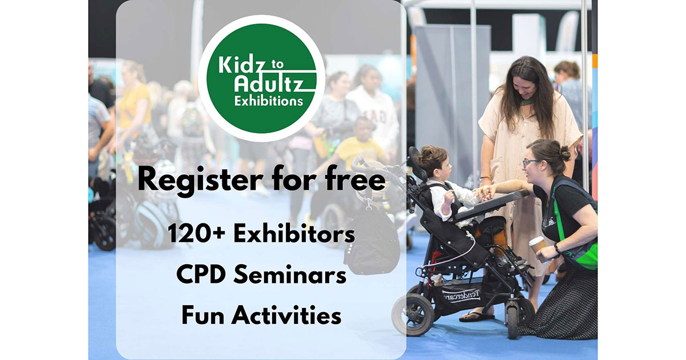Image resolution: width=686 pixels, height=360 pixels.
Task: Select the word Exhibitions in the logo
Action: tap(269, 101)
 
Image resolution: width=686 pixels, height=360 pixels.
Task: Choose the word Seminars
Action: tap(290, 274)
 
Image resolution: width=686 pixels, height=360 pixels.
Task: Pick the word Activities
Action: tap(286, 315)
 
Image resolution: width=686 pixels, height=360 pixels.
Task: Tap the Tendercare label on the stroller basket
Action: tap(461, 295)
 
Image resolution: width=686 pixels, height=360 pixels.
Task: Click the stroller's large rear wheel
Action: tap(413, 315)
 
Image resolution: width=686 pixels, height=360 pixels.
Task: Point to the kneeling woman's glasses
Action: tap(529, 162)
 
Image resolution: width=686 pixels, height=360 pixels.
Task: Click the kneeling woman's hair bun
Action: tap(564, 153)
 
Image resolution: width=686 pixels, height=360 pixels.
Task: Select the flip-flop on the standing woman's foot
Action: tap(476, 317)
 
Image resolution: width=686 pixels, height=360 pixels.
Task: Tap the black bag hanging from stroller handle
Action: tap(372, 239)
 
